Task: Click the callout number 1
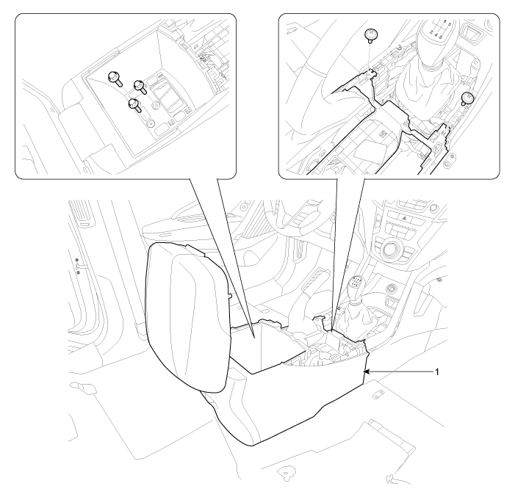point(437,372)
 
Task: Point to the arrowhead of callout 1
point(365,372)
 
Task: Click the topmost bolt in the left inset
point(115,78)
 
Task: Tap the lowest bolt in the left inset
point(135,105)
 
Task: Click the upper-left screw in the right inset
point(372,35)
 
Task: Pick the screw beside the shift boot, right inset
point(468,98)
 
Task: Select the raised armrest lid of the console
point(186,318)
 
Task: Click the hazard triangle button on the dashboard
point(404,217)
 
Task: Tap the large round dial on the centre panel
point(391,248)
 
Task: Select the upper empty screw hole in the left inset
point(156,106)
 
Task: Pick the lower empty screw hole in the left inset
point(150,123)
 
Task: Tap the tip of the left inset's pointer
point(254,337)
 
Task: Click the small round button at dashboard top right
point(434,208)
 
